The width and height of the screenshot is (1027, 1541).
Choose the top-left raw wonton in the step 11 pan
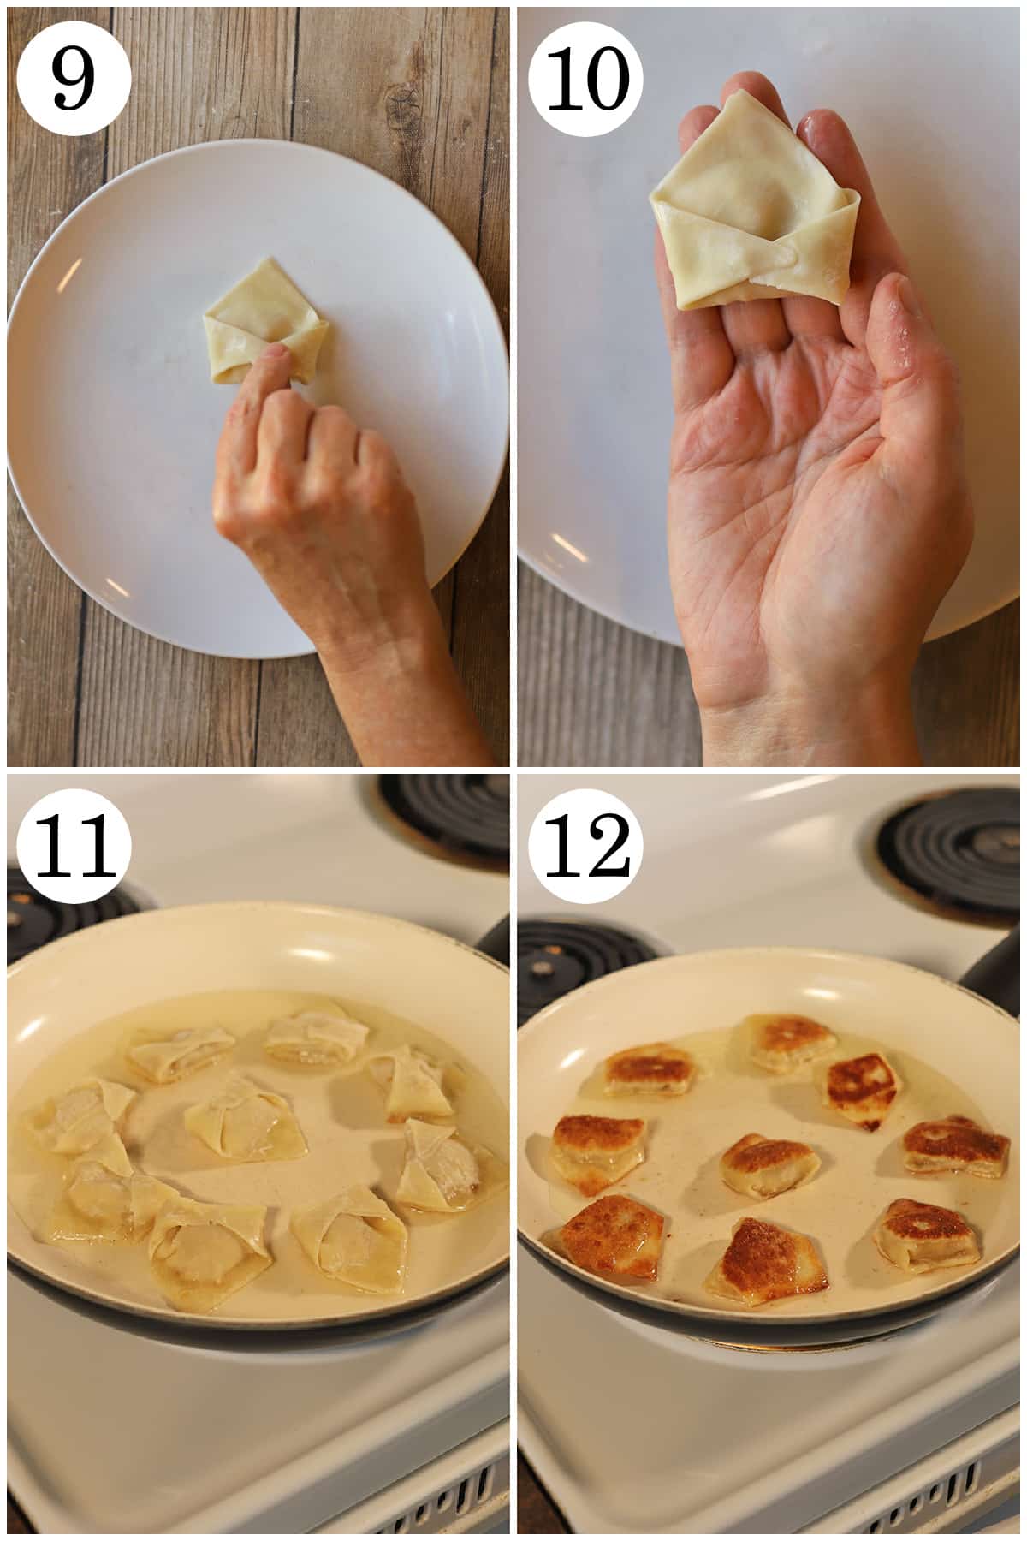180,1050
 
